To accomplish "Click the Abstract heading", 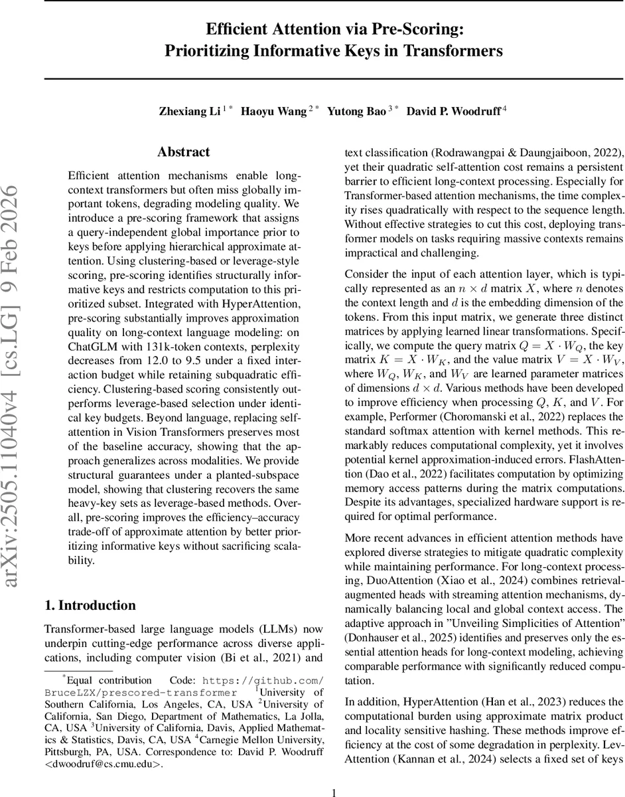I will pyautogui.click(x=184, y=152).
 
